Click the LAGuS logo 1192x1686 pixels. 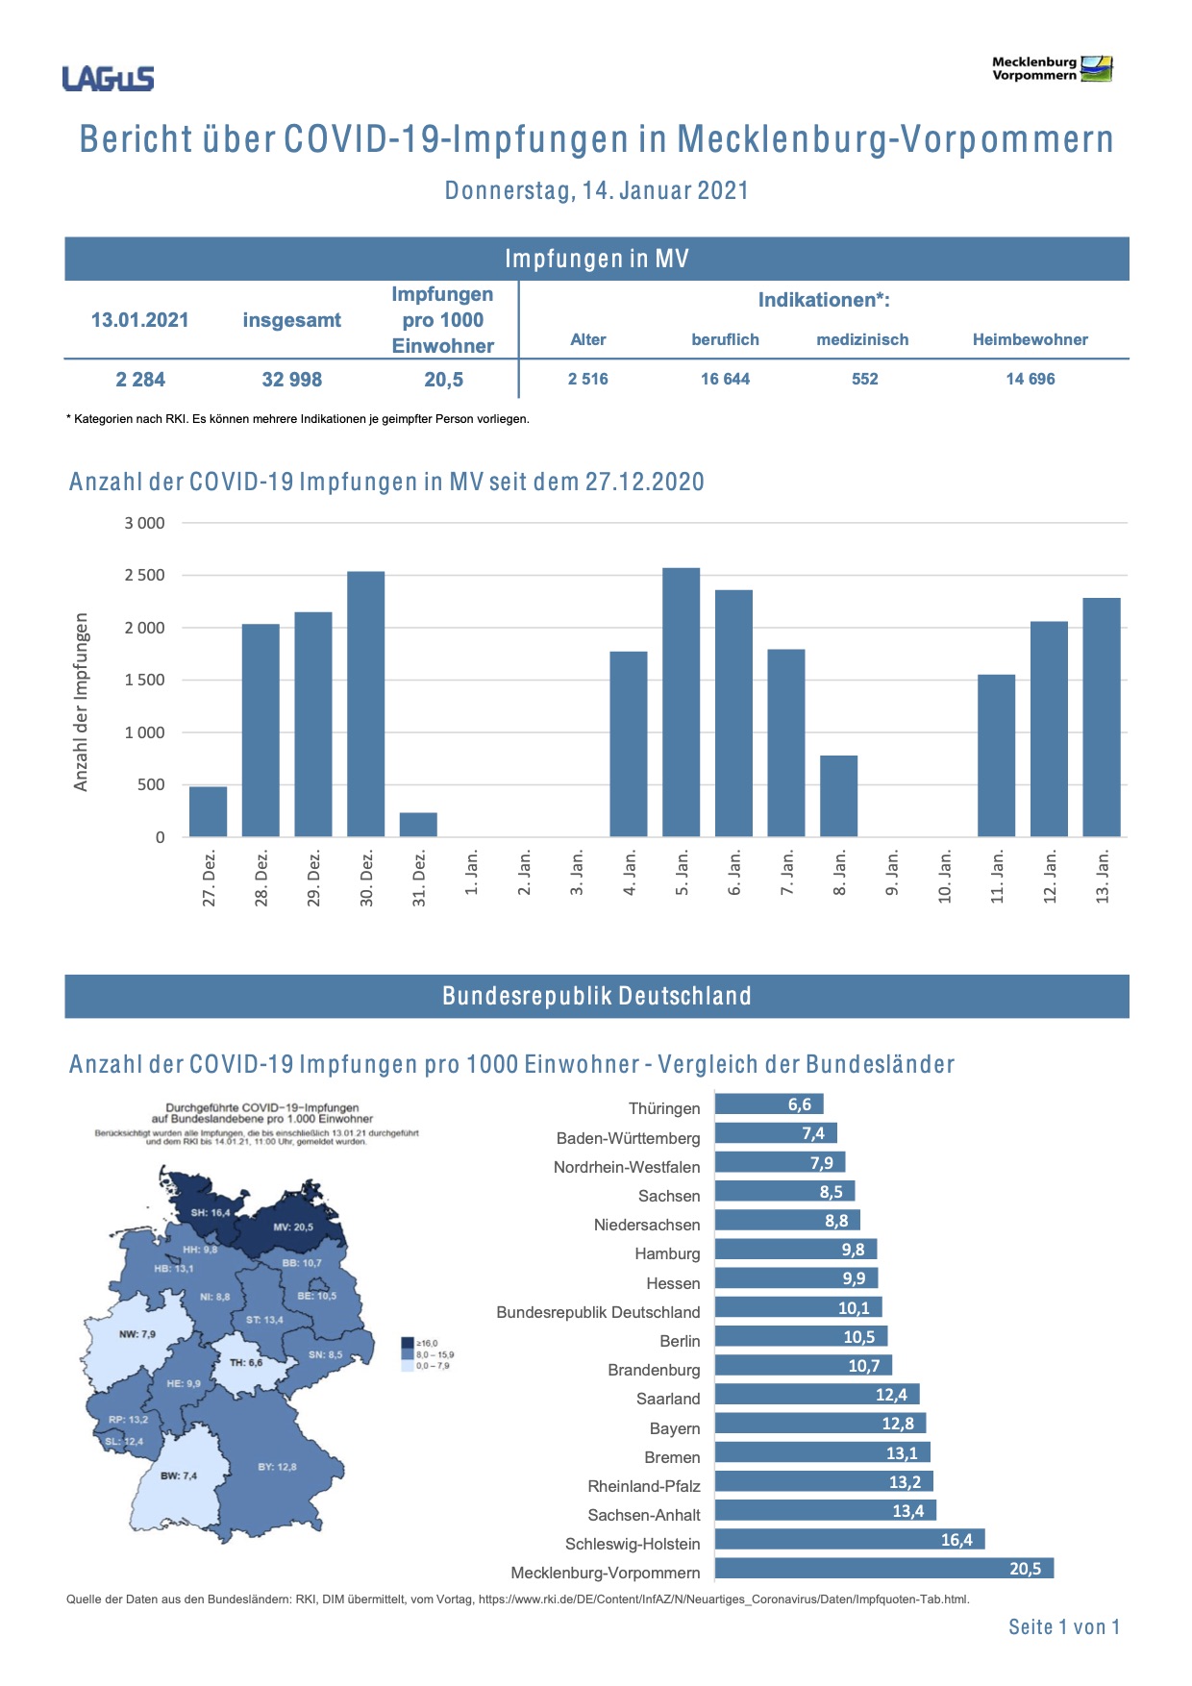coord(108,78)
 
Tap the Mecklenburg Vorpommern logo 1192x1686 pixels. coord(1052,69)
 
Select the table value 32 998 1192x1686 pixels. coord(291,380)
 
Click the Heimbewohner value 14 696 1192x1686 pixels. coord(1030,380)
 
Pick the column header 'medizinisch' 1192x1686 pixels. coord(862,339)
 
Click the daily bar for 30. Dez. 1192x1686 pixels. coord(365,704)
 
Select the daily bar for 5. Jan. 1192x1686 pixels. coord(681,702)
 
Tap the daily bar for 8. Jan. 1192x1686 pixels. coord(838,796)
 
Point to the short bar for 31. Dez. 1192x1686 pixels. coord(418,825)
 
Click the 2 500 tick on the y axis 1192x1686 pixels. coord(144,576)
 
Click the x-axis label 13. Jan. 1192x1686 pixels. coord(1103,876)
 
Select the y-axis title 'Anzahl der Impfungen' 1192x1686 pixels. coord(82,703)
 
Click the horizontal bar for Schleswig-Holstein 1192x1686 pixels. coord(850,1540)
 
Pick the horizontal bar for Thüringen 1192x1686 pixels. coord(769,1104)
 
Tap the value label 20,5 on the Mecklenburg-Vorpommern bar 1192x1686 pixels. coord(1025,1569)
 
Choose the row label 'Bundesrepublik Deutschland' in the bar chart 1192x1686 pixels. coord(598,1312)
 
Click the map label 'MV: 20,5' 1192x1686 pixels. coord(293,1227)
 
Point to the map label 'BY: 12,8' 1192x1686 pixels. coord(277,1467)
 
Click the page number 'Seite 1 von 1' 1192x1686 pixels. coord(1064,1627)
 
